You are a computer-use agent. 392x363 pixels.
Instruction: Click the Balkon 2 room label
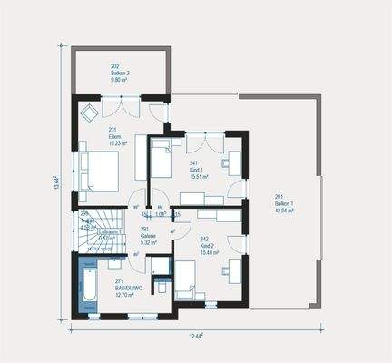pyautogui.click(x=120, y=72)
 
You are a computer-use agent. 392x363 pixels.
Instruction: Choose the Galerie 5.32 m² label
pyautogui.click(x=149, y=238)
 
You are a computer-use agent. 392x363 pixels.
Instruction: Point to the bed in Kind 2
pyautogui.click(x=186, y=278)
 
